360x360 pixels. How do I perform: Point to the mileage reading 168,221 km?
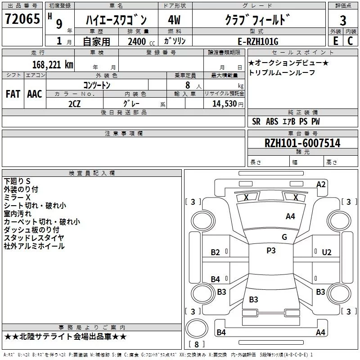[52, 64]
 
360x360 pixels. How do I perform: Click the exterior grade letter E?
[335, 40]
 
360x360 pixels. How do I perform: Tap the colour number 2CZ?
[74, 103]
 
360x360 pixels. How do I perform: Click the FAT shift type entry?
[13, 94]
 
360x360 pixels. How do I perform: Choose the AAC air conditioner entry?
[35, 94]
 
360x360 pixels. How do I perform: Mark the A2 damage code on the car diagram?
[321, 184]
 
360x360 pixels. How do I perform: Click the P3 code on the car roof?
[271, 251]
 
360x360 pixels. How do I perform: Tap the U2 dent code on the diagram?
[327, 252]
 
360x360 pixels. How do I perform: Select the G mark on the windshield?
[284, 237]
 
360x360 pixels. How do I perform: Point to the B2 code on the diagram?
[216, 252]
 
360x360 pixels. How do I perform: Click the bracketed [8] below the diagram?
[197, 344]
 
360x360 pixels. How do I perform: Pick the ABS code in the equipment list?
[272, 121]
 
